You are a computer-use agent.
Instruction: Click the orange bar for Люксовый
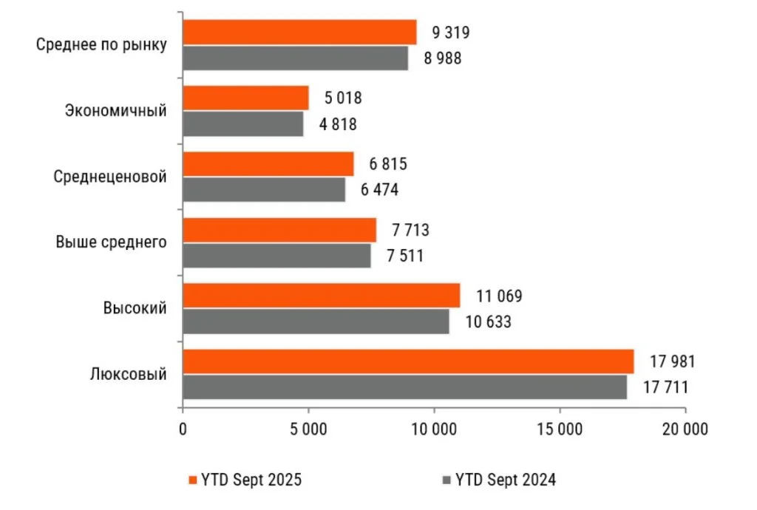tap(408, 361)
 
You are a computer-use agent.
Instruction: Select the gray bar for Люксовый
tap(404, 387)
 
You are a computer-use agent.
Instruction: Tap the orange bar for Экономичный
tap(245, 98)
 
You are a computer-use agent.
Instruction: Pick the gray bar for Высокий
tap(316, 322)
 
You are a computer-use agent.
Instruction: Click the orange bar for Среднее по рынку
tap(299, 32)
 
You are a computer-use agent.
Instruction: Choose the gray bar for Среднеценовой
tap(264, 190)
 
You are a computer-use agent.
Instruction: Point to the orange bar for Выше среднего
tap(279, 230)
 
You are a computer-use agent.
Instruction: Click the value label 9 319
tap(447, 33)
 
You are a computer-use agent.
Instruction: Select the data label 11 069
tap(499, 296)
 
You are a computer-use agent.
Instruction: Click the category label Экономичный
tap(116, 111)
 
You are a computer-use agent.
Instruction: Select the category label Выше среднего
tap(111, 242)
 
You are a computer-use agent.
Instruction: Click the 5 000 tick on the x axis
tap(308, 429)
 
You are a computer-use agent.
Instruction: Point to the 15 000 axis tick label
tap(560, 429)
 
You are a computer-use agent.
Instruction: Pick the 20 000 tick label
tap(685, 429)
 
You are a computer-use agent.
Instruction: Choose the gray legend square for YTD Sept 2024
tap(446, 479)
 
